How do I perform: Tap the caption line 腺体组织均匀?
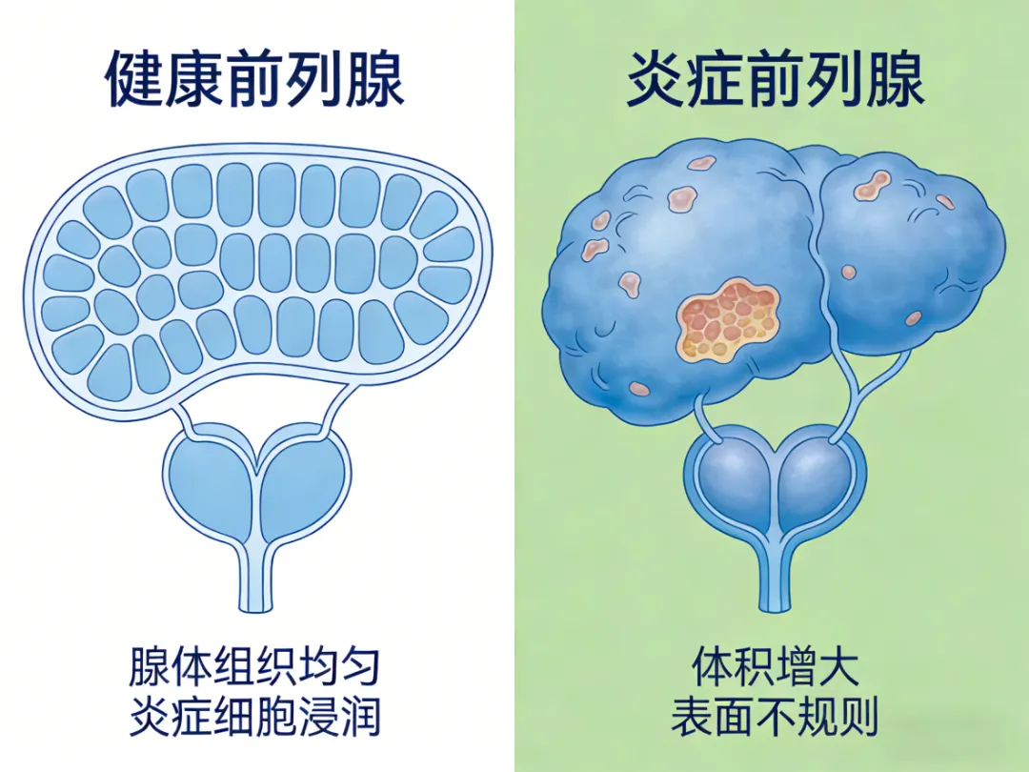[x=254, y=667]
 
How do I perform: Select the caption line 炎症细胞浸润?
[x=254, y=717]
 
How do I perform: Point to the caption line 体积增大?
[x=775, y=667]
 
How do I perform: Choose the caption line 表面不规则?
[x=775, y=717]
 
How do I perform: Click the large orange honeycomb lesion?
[x=729, y=318]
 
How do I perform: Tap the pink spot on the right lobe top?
[x=872, y=184]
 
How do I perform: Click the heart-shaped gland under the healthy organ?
[x=255, y=486]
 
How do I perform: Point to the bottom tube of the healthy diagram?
[x=254, y=581]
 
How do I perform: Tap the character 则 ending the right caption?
[x=857, y=717]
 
